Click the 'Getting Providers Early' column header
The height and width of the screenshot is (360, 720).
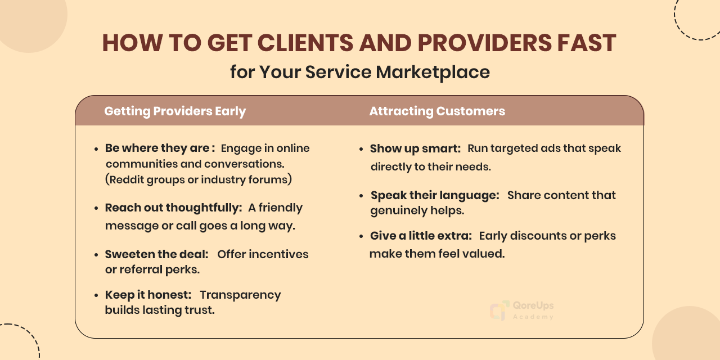(x=175, y=111)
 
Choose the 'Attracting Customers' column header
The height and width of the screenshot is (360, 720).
(x=437, y=111)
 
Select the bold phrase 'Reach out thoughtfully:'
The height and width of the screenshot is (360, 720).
(x=173, y=208)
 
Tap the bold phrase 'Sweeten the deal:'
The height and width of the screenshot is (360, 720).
(x=156, y=254)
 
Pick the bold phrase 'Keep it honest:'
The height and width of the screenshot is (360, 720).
(x=148, y=295)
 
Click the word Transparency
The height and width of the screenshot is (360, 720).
(x=240, y=295)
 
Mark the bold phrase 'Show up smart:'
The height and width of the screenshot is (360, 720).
(x=415, y=148)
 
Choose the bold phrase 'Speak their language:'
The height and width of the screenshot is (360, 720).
(x=435, y=195)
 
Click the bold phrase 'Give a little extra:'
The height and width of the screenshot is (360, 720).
(x=421, y=236)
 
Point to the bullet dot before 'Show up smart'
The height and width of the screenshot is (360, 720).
(x=362, y=150)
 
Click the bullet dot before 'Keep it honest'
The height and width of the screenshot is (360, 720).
(x=97, y=296)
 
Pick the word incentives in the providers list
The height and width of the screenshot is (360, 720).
(x=278, y=254)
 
